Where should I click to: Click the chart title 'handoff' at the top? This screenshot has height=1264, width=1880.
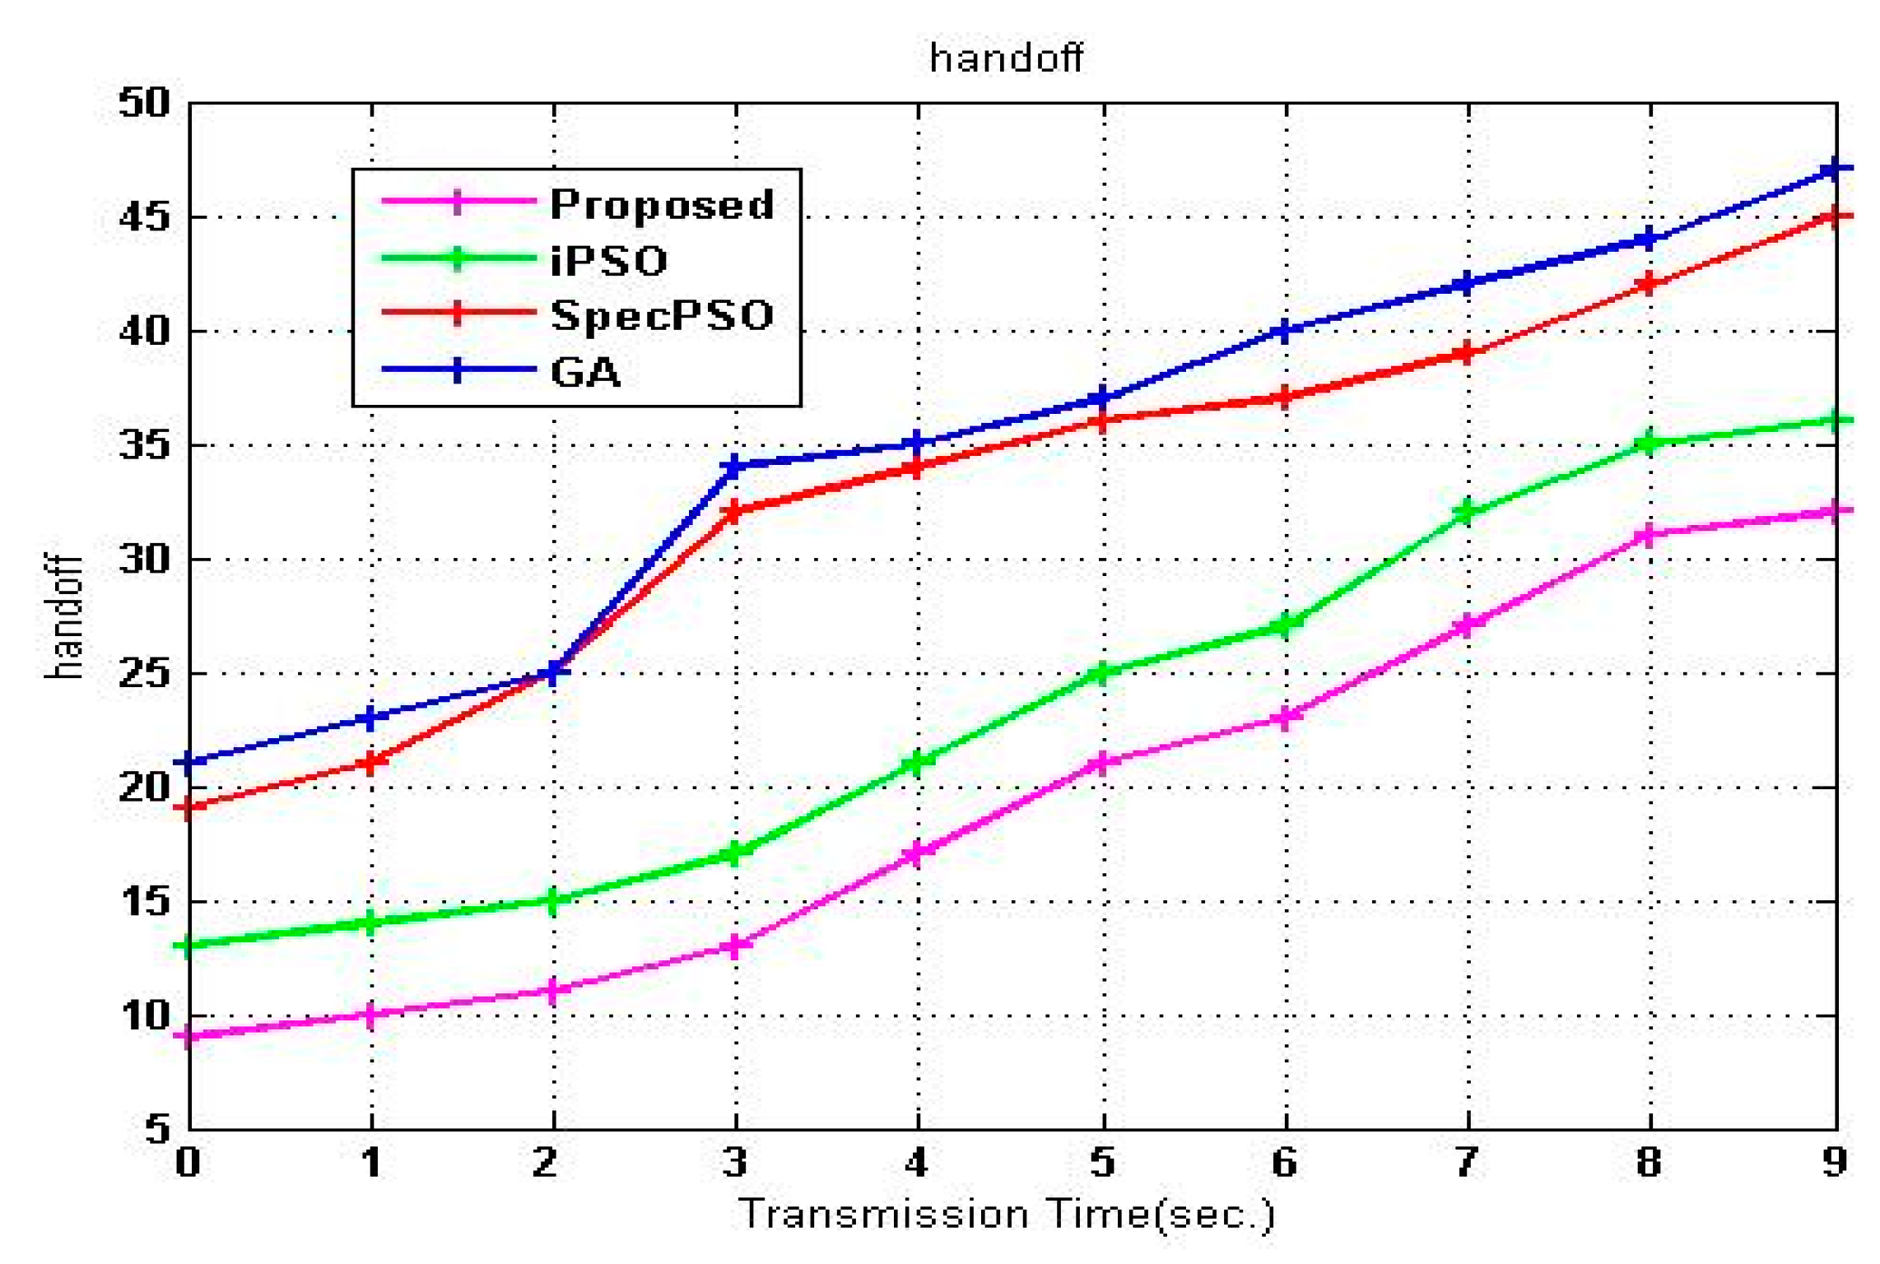click(x=1005, y=58)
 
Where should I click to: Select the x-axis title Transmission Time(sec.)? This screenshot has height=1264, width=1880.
click(x=1005, y=1215)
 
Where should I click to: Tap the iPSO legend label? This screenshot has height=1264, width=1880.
click(x=608, y=260)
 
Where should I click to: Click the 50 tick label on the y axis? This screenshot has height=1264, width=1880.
click(x=144, y=104)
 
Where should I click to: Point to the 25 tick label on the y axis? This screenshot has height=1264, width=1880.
click(x=144, y=674)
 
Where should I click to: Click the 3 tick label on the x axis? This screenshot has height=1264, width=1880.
click(x=734, y=1162)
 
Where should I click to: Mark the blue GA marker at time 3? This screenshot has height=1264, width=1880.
click(x=735, y=467)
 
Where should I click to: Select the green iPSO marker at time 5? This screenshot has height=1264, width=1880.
click(x=1103, y=673)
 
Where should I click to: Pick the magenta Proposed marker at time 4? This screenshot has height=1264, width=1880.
click(x=918, y=854)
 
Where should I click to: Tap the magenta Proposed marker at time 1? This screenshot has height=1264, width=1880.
click(x=371, y=1015)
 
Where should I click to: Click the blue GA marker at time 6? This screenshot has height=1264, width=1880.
click(x=1286, y=331)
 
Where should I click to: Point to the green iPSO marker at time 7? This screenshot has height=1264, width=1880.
click(x=1466, y=513)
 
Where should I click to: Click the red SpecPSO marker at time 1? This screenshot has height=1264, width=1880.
click(x=371, y=763)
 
